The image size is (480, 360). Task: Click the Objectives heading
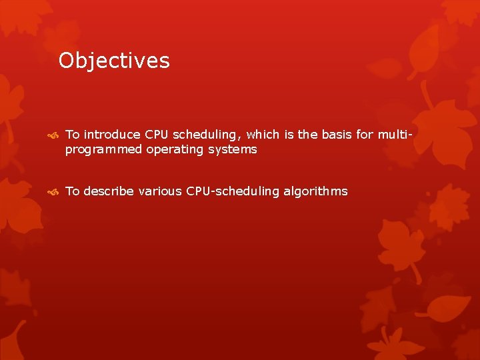pyautogui.click(x=114, y=61)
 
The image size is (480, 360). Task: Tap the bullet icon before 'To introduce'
pyautogui.click(x=54, y=135)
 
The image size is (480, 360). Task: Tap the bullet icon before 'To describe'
pyautogui.click(x=54, y=192)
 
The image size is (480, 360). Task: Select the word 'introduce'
pyautogui.click(x=112, y=135)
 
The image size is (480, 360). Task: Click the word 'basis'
pyautogui.click(x=337, y=135)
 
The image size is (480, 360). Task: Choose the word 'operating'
pyautogui.click(x=175, y=150)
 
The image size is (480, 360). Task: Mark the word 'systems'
pyautogui.click(x=231, y=150)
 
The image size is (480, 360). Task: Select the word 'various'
pyautogui.click(x=160, y=191)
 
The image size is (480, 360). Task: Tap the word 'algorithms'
pyautogui.click(x=315, y=192)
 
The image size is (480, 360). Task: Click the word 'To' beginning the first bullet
pyautogui.click(x=72, y=135)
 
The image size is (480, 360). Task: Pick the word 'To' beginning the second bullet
pyautogui.click(x=72, y=191)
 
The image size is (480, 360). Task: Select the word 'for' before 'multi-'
pyautogui.click(x=365, y=135)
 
